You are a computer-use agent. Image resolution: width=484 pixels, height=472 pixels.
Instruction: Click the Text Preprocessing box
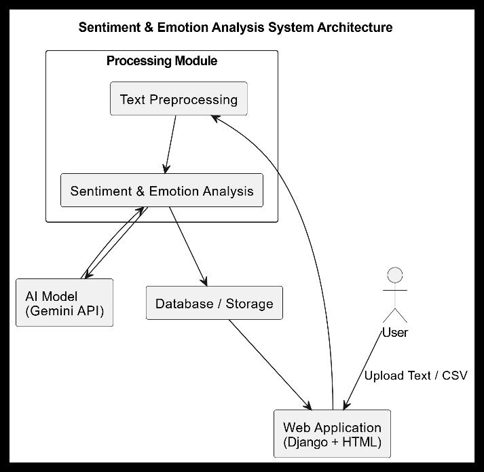coord(179,98)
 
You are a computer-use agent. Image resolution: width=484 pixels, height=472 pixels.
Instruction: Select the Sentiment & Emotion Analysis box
coord(162,190)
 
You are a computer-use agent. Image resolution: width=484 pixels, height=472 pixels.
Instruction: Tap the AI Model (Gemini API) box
coord(64,302)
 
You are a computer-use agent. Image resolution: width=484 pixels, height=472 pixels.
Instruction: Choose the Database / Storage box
coord(215,303)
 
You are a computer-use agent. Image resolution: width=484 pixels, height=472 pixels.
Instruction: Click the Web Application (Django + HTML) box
coord(332,434)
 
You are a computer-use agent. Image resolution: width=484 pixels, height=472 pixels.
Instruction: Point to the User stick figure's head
coord(395,275)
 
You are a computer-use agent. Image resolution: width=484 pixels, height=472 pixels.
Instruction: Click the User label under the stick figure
coord(395,333)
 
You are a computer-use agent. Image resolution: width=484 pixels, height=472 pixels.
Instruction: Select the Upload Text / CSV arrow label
coord(416,376)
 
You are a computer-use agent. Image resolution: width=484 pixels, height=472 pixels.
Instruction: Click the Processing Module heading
coord(162,61)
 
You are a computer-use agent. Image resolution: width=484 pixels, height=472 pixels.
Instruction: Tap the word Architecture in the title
coord(355,27)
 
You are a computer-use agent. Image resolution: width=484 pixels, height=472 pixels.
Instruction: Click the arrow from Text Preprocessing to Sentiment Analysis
coord(170,144)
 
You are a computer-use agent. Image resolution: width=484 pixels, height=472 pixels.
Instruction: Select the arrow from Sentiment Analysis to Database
coord(188,247)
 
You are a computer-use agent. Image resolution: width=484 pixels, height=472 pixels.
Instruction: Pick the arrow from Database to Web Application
coord(270,365)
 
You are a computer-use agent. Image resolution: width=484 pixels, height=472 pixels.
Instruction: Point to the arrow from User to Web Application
coord(362,370)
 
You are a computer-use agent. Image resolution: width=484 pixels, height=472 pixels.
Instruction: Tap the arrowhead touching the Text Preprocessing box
coord(215,119)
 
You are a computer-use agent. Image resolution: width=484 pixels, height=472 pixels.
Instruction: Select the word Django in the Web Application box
coord(305,442)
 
